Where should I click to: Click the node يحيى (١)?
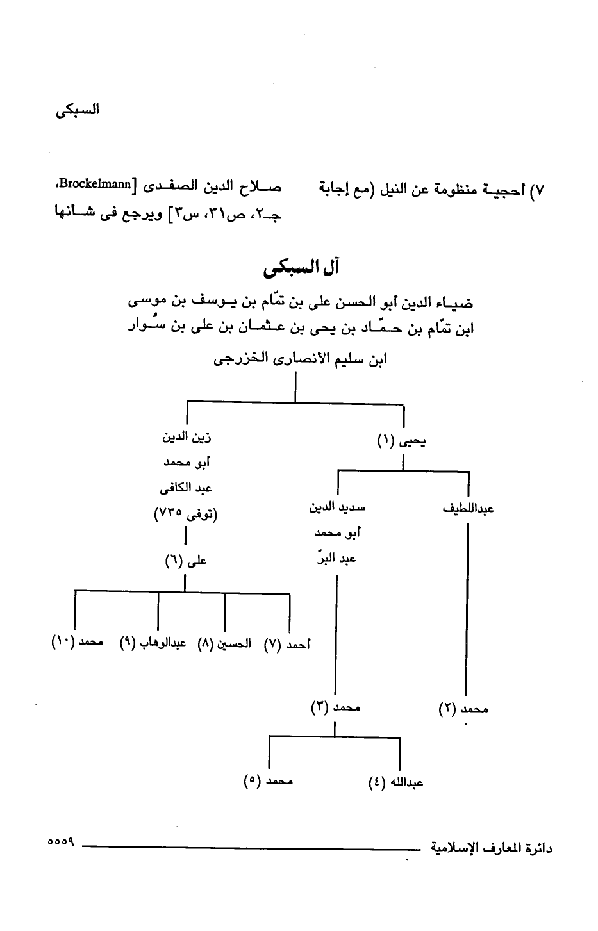(x=403, y=441)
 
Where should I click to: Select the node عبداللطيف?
(x=469, y=509)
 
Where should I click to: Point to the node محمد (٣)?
(x=336, y=708)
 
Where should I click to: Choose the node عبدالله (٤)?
(x=397, y=782)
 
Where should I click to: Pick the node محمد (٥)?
(x=269, y=781)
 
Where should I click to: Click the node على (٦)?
(x=186, y=561)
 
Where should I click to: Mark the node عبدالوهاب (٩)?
(x=153, y=643)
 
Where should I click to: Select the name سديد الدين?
(x=337, y=509)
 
